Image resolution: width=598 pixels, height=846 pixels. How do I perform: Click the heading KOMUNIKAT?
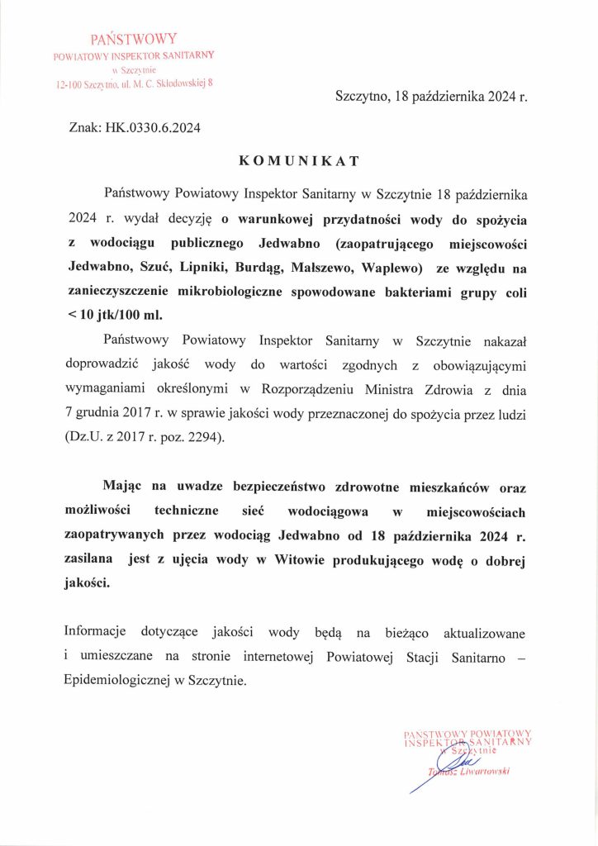(x=298, y=159)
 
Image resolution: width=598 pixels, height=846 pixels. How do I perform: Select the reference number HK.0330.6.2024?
(x=153, y=128)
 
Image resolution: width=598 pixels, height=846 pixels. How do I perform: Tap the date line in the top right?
(x=431, y=97)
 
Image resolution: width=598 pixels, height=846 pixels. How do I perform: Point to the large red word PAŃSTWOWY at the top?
(x=133, y=38)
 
